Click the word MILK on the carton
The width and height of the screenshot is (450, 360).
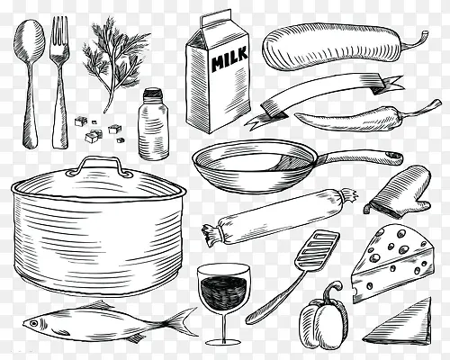pyautogui.click(x=229, y=59)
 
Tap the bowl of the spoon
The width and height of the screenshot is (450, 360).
pyautogui.click(x=29, y=38)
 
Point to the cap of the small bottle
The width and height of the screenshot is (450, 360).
pyautogui.click(x=153, y=94)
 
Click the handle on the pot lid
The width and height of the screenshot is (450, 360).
pyautogui.click(x=99, y=166)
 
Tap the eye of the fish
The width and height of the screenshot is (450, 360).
pyautogui.click(x=33, y=323)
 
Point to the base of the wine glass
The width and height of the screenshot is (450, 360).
pyautogui.click(x=223, y=342)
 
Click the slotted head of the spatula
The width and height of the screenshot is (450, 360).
pyautogui.click(x=318, y=250)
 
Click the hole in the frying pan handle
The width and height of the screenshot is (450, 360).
pyautogui.click(x=393, y=155)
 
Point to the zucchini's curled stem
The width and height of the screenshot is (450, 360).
pyautogui.click(x=417, y=41)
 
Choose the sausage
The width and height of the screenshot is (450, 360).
pyautogui.click(x=280, y=217)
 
